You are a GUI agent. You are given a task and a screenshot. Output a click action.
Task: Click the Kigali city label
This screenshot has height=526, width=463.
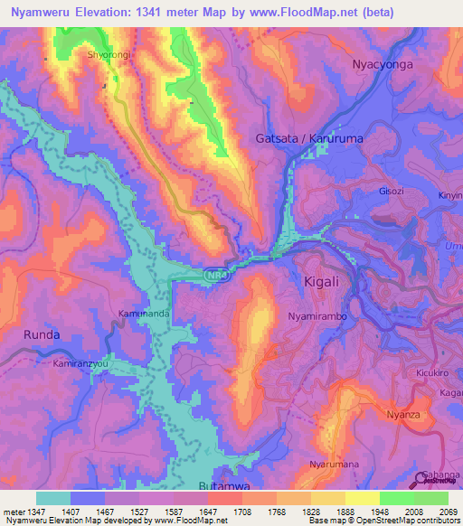tap(322, 281)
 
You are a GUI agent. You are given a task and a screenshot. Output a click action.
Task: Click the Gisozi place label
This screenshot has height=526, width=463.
tap(392, 192)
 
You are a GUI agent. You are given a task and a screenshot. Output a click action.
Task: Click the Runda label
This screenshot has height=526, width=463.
tap(41, 334)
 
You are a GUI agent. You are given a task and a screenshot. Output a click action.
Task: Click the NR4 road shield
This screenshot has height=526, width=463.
tap(215, 271)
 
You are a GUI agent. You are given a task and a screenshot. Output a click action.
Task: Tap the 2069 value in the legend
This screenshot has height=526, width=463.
tap(449, 512)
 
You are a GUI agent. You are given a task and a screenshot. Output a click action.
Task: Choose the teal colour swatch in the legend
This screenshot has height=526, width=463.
tap(53, 498)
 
